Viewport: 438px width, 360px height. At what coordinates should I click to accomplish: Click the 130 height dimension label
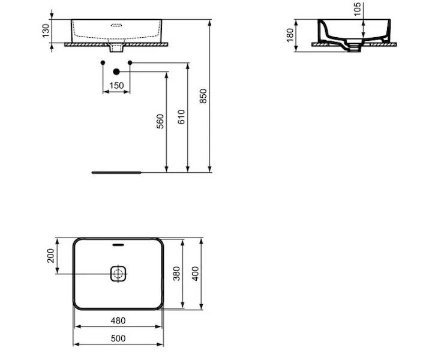[45, 31]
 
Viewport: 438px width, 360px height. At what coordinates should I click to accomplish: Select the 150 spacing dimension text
[116, 85]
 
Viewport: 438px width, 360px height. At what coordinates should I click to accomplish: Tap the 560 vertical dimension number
[160, 121]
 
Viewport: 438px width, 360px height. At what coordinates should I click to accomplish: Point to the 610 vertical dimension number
[181, 117]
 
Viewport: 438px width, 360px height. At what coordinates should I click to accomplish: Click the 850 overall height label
[203, 96]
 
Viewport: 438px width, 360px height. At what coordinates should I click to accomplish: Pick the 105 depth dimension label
[357, 9]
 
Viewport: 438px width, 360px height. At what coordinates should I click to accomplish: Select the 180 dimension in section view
[290, 35]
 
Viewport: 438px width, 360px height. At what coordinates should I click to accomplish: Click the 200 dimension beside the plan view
[50, 256]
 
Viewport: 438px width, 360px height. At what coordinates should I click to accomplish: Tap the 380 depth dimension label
[176, 274]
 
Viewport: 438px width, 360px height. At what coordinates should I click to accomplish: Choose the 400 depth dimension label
[195, 274]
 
